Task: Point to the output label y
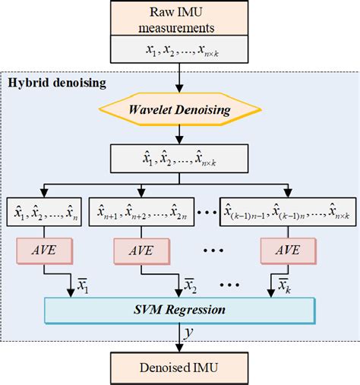187,332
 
